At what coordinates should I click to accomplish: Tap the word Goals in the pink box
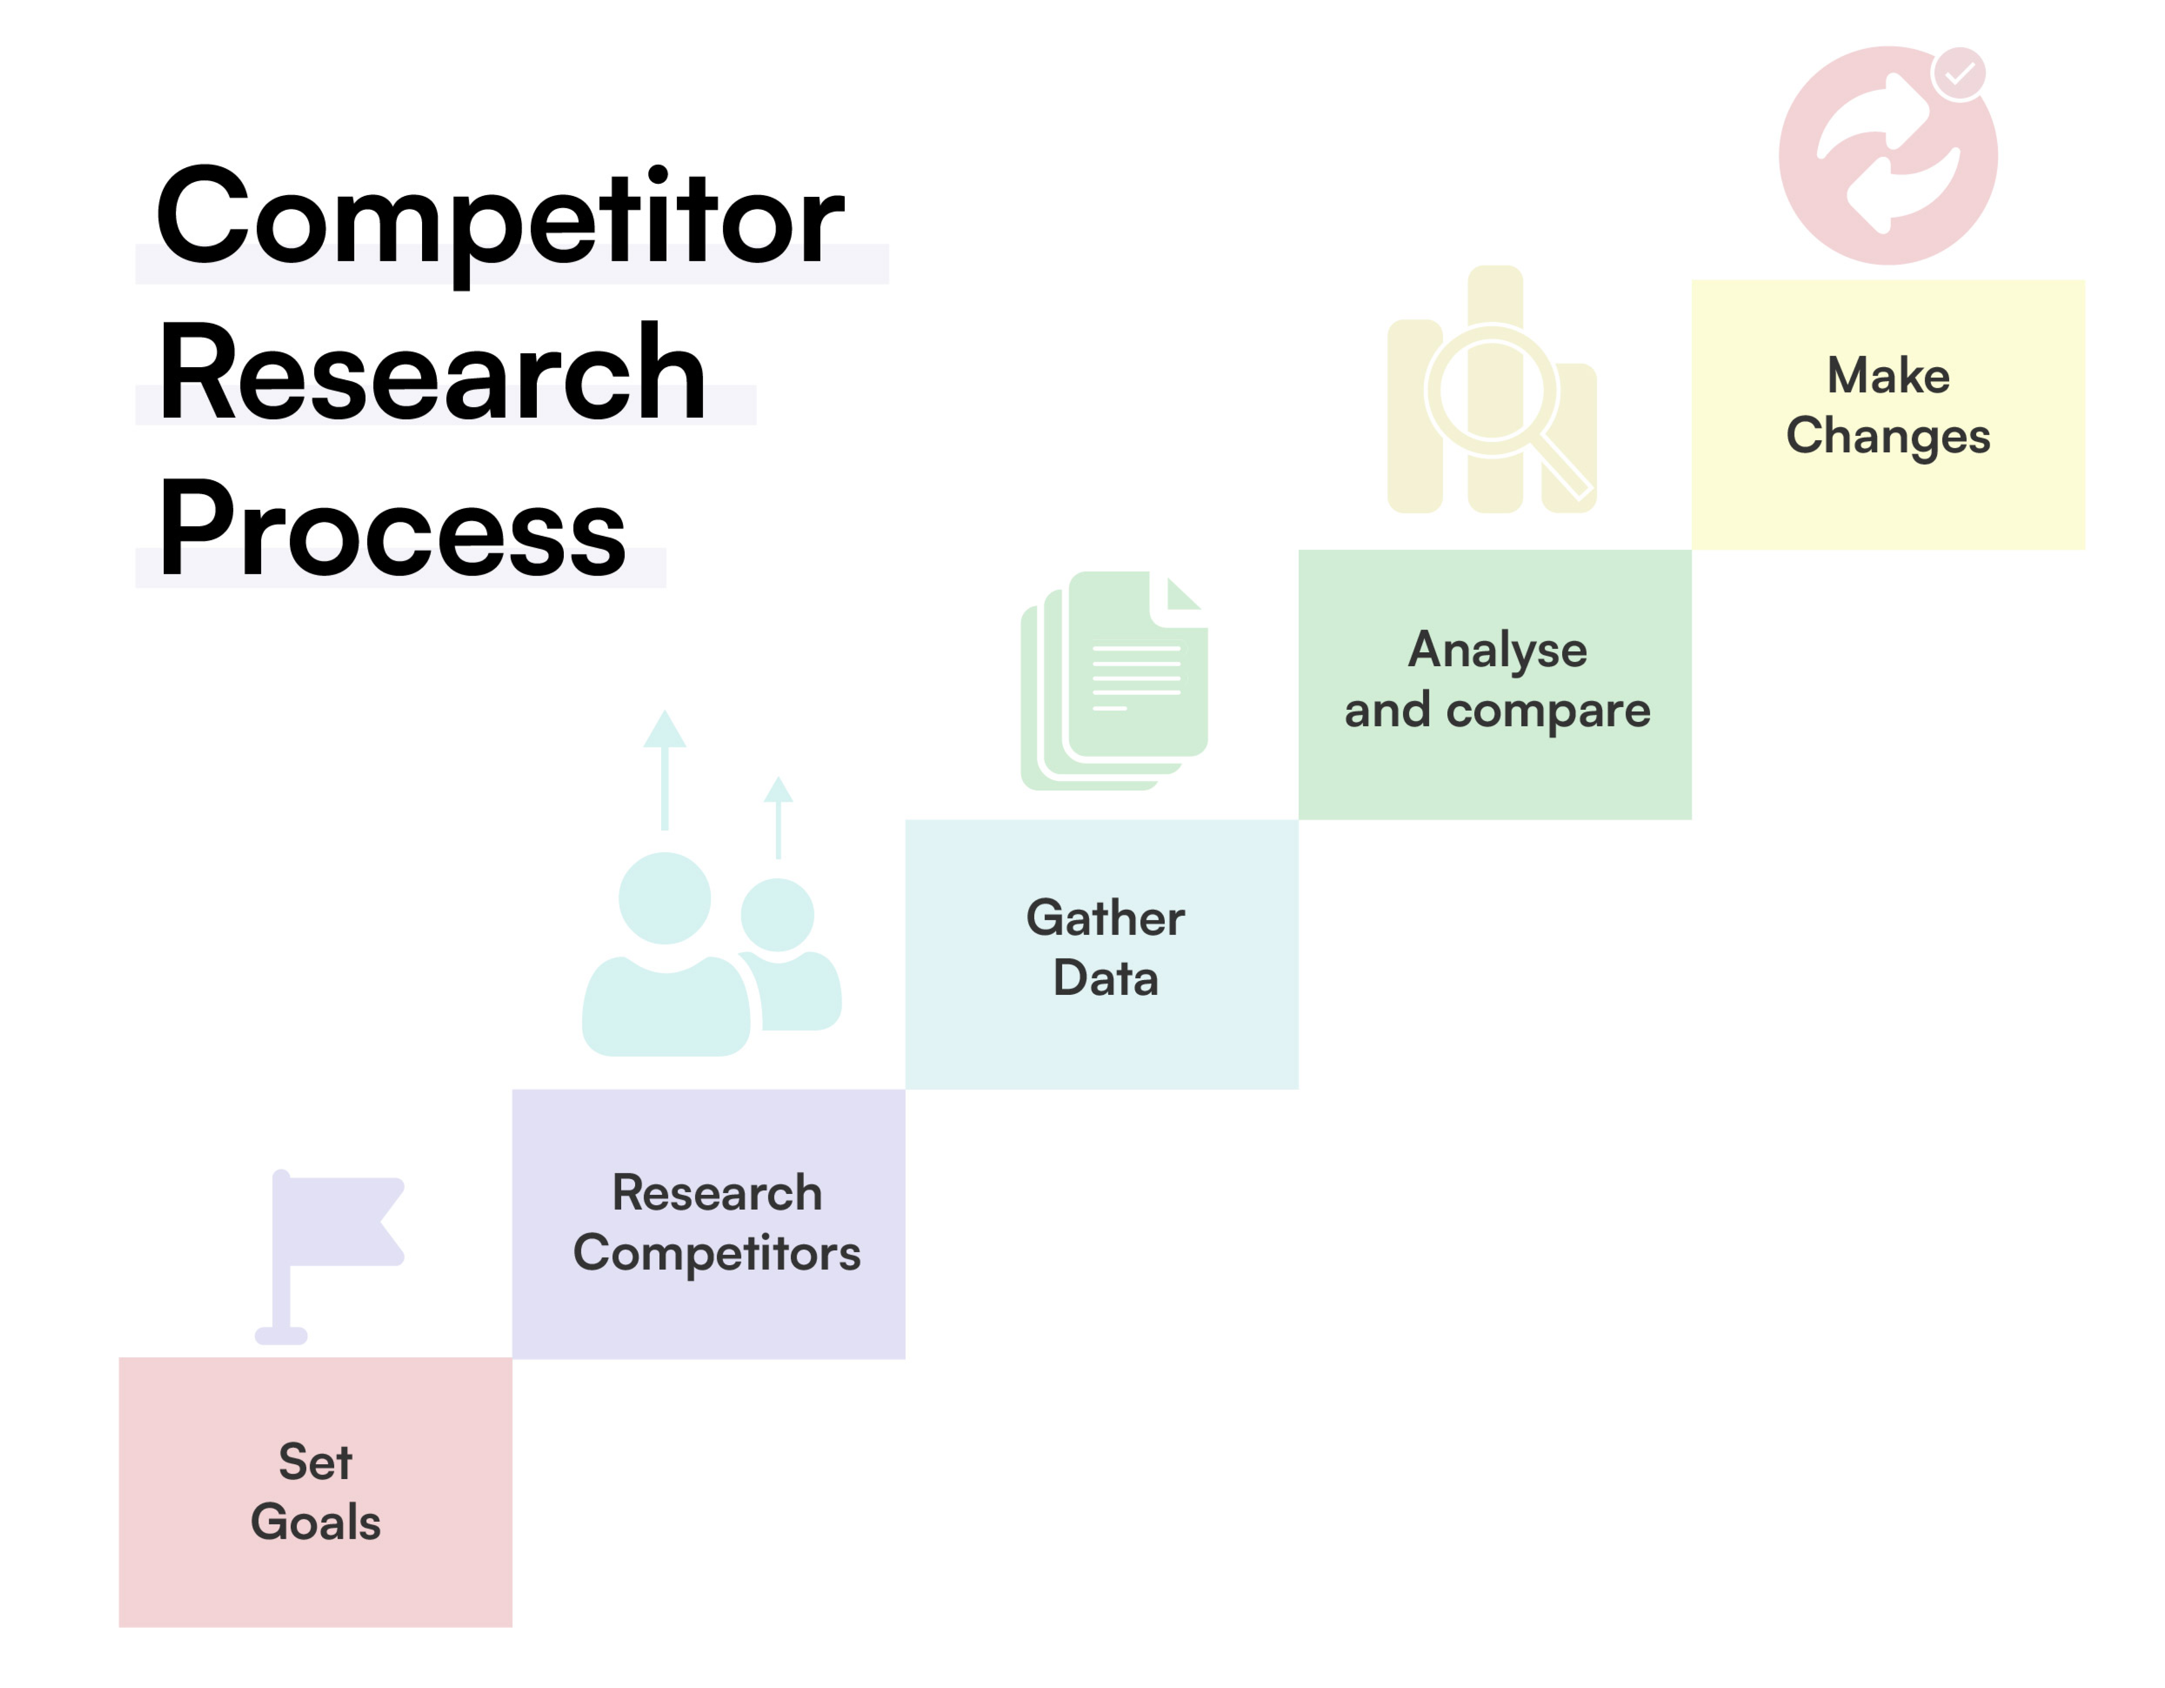click(315, 1523)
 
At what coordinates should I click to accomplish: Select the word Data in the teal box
click(1105, 978)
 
